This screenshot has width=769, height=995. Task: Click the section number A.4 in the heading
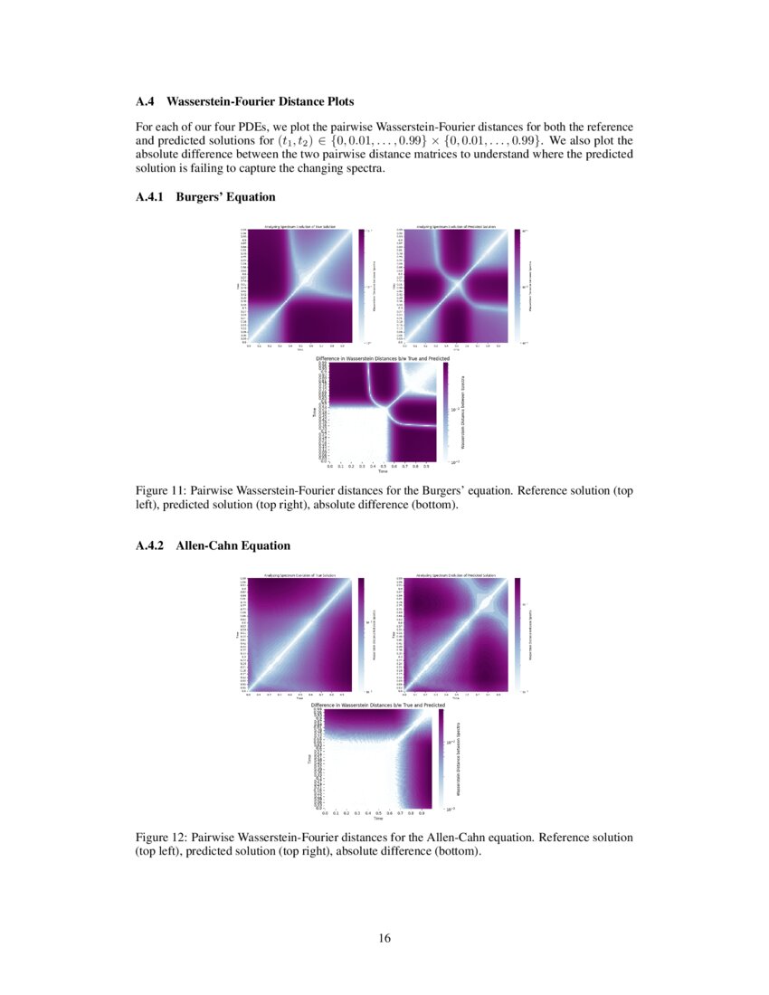coord(146,102)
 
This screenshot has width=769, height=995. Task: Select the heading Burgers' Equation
coord(225,196)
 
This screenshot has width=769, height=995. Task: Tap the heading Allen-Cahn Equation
coord(233,545)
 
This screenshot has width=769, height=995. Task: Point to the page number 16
coord(384,938)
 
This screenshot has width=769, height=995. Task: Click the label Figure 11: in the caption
coord(161,491)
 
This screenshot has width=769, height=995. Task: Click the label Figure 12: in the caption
coord(161,838)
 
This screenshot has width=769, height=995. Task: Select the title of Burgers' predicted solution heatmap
coord(455,226)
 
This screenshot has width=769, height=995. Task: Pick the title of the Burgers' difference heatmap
coord(382,359)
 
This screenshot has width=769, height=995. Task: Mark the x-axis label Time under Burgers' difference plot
coord(383,472)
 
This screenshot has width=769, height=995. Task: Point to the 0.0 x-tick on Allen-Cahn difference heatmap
coord(325,812)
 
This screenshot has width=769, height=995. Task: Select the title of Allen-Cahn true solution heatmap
coord(299,575)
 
